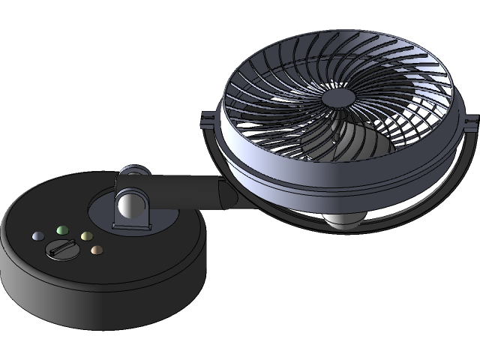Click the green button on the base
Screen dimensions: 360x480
tap(62, 230)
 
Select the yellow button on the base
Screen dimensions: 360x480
tap(86, 235)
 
